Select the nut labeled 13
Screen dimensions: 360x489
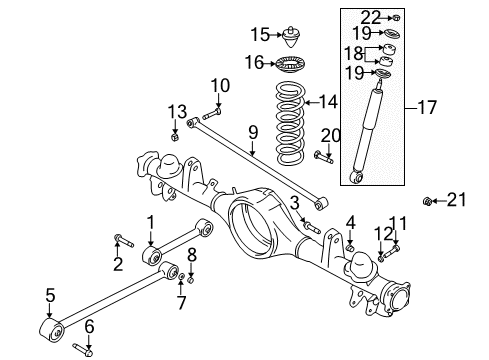point(175,136)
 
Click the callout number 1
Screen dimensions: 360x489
point(150,220)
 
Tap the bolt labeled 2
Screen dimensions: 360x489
point(121,239)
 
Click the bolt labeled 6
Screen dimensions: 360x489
point(86,350)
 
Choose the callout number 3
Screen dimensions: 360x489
point(295,204)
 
